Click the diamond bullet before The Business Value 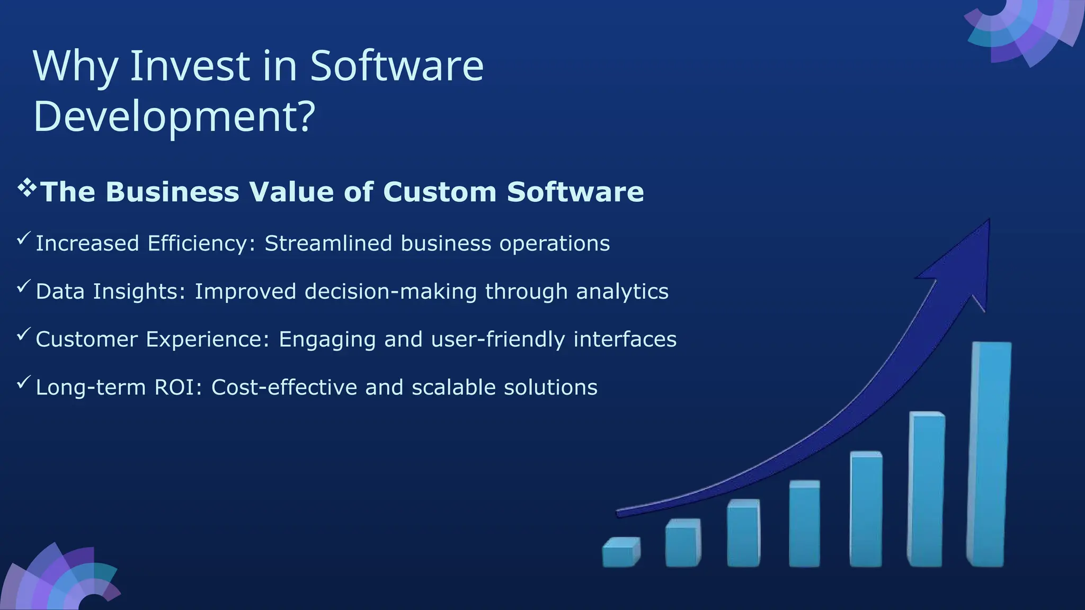tap(26, 188)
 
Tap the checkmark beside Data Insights tap(24, 286)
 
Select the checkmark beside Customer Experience tap(24, 334)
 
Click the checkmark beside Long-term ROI tap(24, 382)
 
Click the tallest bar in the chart tap(989, 455)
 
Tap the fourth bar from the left tap(804, 524)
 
